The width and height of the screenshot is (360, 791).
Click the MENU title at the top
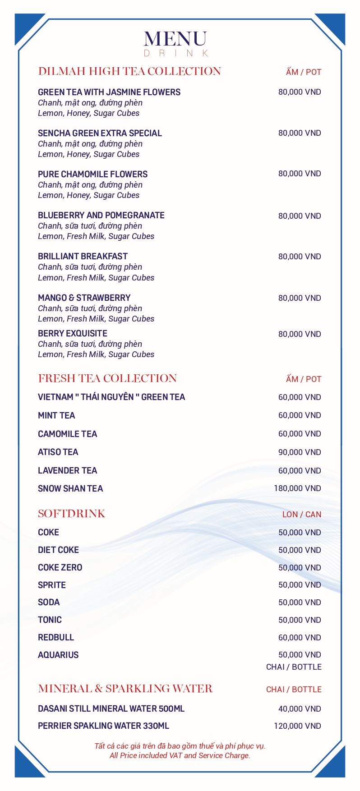pos(175,39)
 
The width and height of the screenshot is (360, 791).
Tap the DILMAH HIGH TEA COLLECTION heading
pos(129,71)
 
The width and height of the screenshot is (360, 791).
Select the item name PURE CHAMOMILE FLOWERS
pos(92,174)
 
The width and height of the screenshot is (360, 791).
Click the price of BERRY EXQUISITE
pos(300,334)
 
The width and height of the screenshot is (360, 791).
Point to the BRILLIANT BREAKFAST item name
pos(83,256)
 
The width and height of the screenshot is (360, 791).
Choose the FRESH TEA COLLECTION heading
pos(107,378)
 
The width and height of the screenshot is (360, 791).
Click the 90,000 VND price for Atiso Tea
pos(300,452)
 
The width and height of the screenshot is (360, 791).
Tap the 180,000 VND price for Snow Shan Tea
pos(297,488)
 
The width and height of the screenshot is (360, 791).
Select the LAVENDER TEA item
pos(67,470)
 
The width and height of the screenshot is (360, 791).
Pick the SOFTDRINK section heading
pos(72,514)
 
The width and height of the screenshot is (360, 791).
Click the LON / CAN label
pos(302,515)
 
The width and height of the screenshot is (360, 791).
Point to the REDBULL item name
pos(56,637)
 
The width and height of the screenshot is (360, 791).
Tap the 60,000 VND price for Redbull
pos(300,638)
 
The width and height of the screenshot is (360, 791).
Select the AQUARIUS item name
pos(58,655)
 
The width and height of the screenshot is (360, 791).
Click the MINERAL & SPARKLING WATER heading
pos(125,689)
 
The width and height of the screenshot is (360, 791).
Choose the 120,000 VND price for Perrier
pos(297,726)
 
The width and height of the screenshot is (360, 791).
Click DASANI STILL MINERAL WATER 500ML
pos(111,708)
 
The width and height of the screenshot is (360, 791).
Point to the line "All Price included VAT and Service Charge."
pos(180,755)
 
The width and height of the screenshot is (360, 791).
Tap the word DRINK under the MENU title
pos(175,54)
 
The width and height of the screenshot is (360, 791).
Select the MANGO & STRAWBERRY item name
pos(84,298)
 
